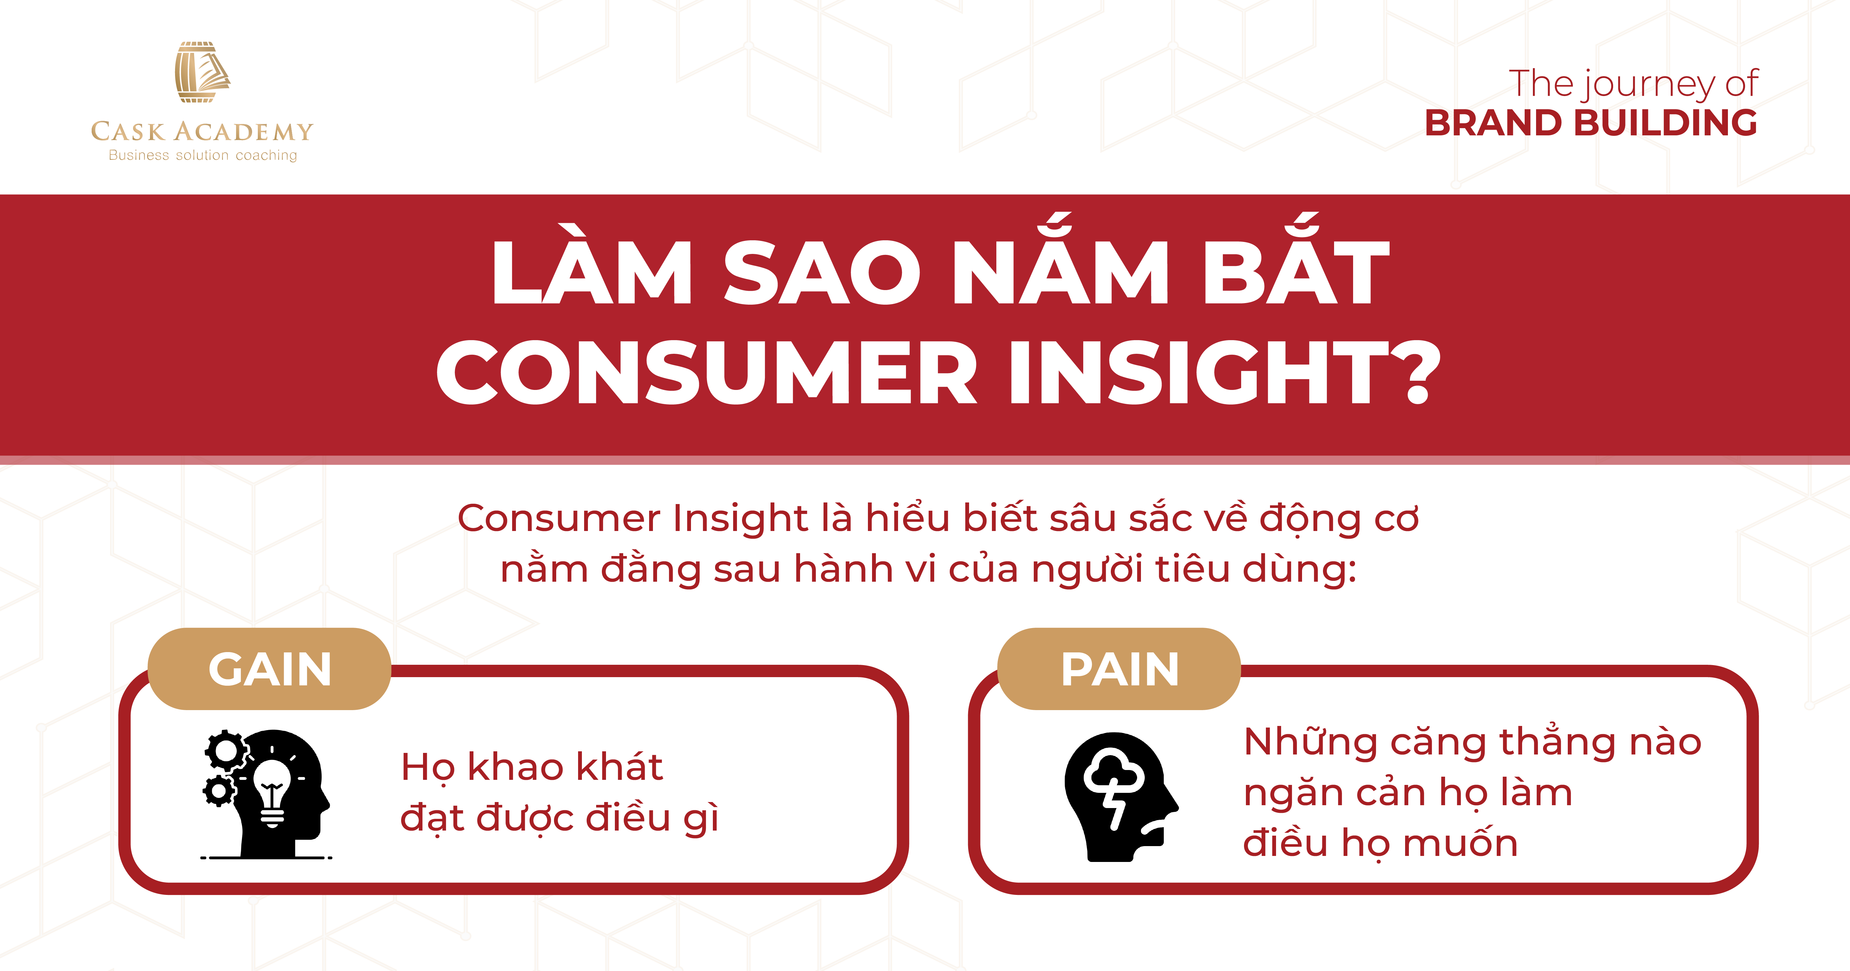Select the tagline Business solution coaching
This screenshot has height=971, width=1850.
coord(203,155)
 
